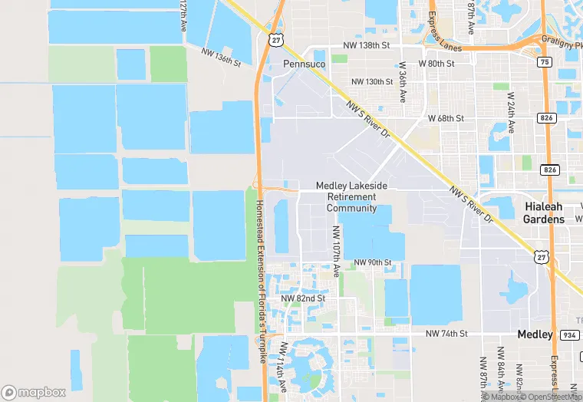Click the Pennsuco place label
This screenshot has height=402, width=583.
coord(305,64)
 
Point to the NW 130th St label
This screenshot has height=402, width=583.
coord(373,82)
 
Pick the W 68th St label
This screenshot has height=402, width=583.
coord(446,119)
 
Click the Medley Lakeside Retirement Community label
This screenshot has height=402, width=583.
coord(351,197)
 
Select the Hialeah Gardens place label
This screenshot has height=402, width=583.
coord(544,213)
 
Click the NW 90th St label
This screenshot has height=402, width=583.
coord(373,263)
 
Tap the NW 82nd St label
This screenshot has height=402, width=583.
coord(303,298)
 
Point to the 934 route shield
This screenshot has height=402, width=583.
coord(569,334)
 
